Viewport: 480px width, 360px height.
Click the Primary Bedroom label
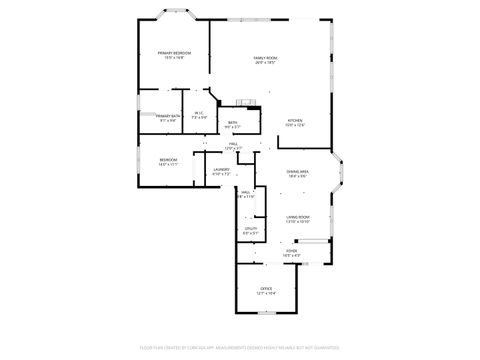[174, 52]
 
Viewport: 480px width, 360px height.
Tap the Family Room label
[265, 58]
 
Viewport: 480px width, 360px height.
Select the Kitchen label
[295, 122]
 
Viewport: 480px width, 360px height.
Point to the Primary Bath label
[167, 116]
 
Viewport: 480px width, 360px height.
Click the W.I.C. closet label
[200, 113]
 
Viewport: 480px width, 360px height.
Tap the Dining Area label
[297, 171]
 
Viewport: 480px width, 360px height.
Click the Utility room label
[250, 229]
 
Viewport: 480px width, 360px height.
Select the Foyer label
[291, 251]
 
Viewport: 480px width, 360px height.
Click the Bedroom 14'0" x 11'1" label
[168, 160]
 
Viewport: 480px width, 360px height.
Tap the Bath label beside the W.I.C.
[231, 122]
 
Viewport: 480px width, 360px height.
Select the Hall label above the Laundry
[233, 144]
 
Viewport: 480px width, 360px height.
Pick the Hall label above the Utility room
[245, 192]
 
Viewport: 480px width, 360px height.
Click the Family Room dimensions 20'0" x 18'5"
[265, 63]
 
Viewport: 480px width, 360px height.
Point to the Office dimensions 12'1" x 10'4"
[266, 294]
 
